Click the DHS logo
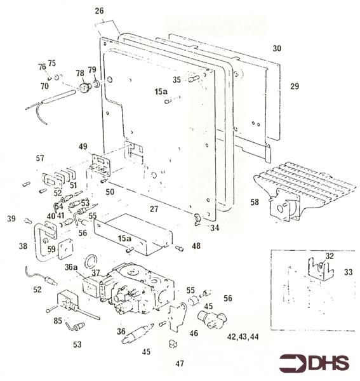(316, 363)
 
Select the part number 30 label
(276, 48)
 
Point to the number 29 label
(294, 85)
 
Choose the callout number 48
(196, 246)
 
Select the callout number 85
(57, 321)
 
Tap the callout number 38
(24, 246)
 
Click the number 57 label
(39, 157)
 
